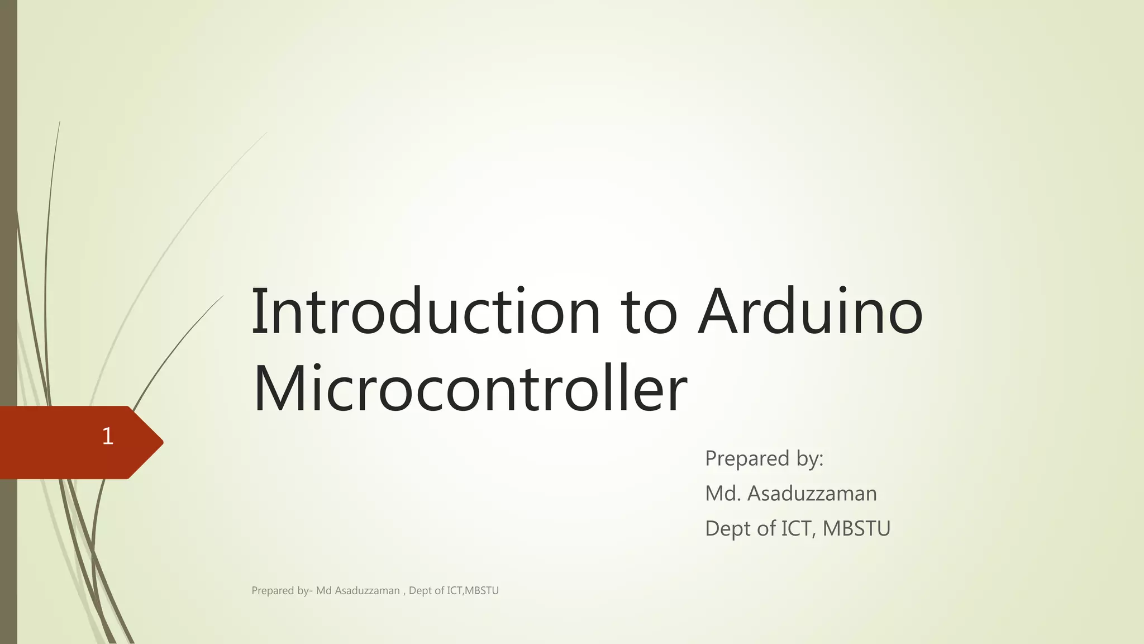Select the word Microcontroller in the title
tap(469, 389)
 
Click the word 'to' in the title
tap(650, 313)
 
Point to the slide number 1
tap(108, 436)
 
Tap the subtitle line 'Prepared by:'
tap(764, 458)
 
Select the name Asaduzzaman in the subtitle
tap(812, 494)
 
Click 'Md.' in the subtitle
tap(723, 494)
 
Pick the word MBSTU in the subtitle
tap(856, 528)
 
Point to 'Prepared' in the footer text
tap(273, 591)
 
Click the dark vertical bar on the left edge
tap(8, 224)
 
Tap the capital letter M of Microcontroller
tap(279, 389)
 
